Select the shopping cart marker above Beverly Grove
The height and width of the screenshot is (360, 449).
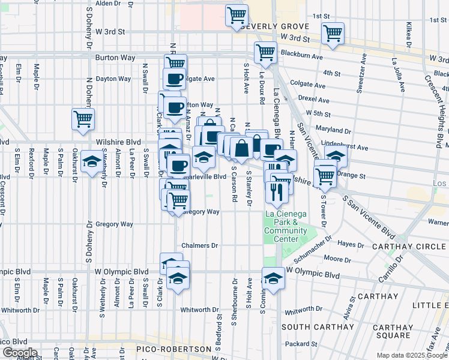pyautogui.click(x=237, y=15)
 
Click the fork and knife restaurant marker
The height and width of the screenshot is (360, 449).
pyautogui.click(x=276, y=191)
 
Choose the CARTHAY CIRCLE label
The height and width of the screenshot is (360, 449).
pyautogui.click(x=411, y=247)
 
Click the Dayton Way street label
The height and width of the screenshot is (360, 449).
pyautogui.click(x=113, y=79)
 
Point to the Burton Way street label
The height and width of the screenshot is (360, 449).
pyautogui.click(x=113, y=58)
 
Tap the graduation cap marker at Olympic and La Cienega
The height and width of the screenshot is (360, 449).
pyautogui.click(x=273, y=279)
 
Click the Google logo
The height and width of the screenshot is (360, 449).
pyautogui.click(x=19, y=353)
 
